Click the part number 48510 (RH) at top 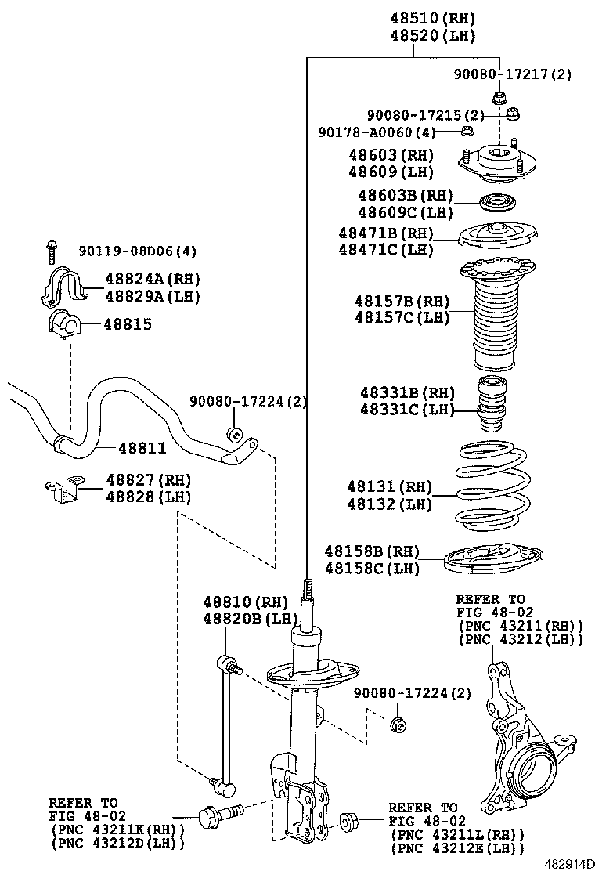click(x=433, y=17)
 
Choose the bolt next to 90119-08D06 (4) click(x=51, y=251)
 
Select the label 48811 click(x=142, y=448)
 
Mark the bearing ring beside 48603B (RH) click(x=496, y=203)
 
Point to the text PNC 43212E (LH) click(x=456, y=848)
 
